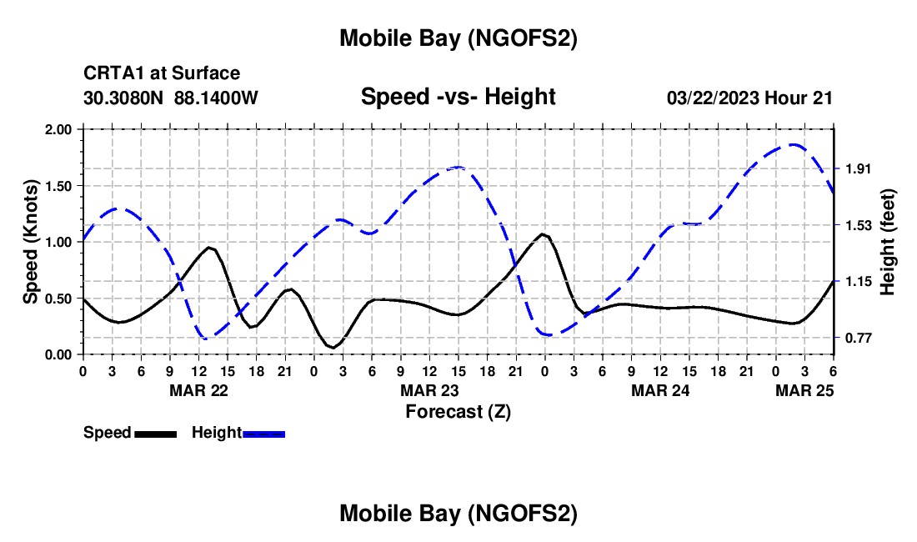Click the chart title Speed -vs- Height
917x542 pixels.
(458, 98)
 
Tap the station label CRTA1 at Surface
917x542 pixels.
(162, 74)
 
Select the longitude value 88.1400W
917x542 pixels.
(217, 98)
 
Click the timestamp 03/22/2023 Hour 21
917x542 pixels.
(749, 98)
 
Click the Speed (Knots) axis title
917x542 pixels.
(31, 242)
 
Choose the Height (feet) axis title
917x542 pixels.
(888, 242)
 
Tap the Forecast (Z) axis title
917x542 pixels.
(458, 411)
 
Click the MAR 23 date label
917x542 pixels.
(429, 390)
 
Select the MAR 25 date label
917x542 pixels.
(804, 390)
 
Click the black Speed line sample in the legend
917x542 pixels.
(155, 433)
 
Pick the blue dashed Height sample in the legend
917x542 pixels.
(263, 433)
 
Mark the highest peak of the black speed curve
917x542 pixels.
(543, 234)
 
